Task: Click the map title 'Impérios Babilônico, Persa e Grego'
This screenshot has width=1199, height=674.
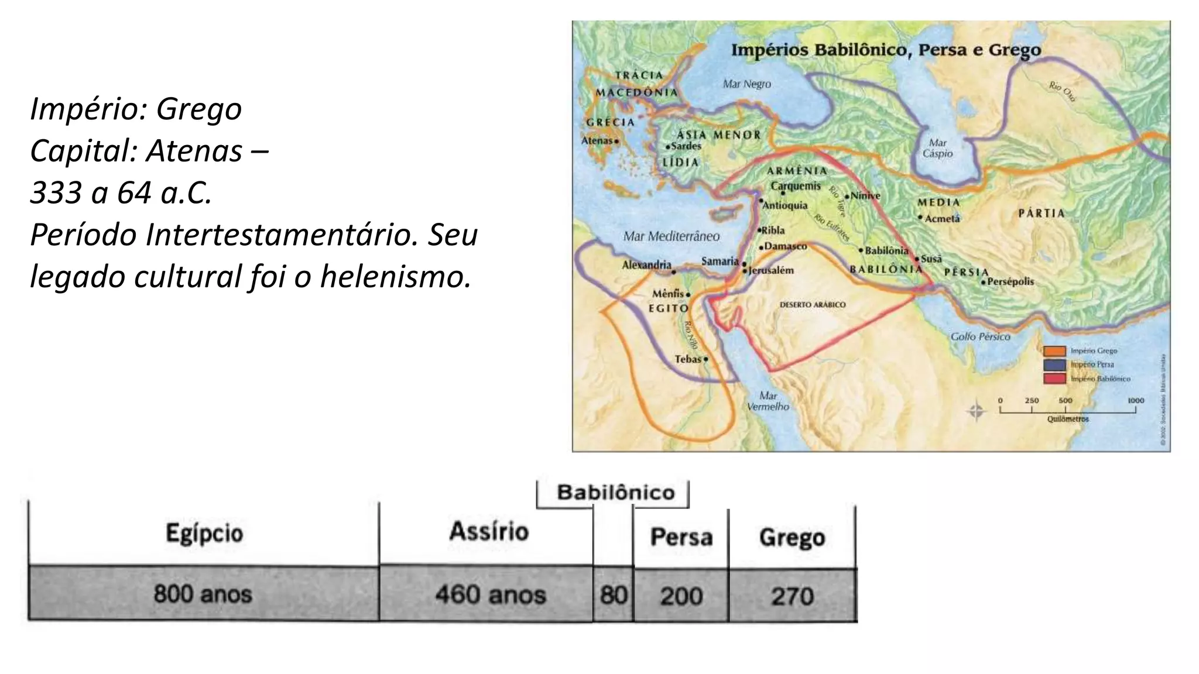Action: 886,50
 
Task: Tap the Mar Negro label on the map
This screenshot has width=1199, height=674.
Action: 746,84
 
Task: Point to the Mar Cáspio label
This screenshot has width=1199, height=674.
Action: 937,148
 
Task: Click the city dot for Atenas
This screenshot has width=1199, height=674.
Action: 616,141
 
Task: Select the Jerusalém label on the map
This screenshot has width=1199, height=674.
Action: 771,270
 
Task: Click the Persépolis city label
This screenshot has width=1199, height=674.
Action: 1010,281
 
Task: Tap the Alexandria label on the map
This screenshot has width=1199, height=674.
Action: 646,265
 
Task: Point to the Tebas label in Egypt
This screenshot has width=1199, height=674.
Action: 688,359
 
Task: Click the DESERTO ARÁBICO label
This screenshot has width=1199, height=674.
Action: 813,305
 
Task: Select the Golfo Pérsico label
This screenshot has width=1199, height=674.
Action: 980,336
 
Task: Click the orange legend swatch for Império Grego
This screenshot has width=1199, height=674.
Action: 1054,351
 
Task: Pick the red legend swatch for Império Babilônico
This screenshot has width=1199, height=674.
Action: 1054,379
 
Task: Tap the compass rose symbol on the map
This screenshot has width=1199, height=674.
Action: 976,411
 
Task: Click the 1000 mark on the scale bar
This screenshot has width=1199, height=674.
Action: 1135,401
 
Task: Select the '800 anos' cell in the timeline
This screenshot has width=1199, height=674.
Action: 203,594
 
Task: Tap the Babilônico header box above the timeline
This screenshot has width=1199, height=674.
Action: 615,493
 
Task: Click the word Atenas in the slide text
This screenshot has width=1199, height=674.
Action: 194,151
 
